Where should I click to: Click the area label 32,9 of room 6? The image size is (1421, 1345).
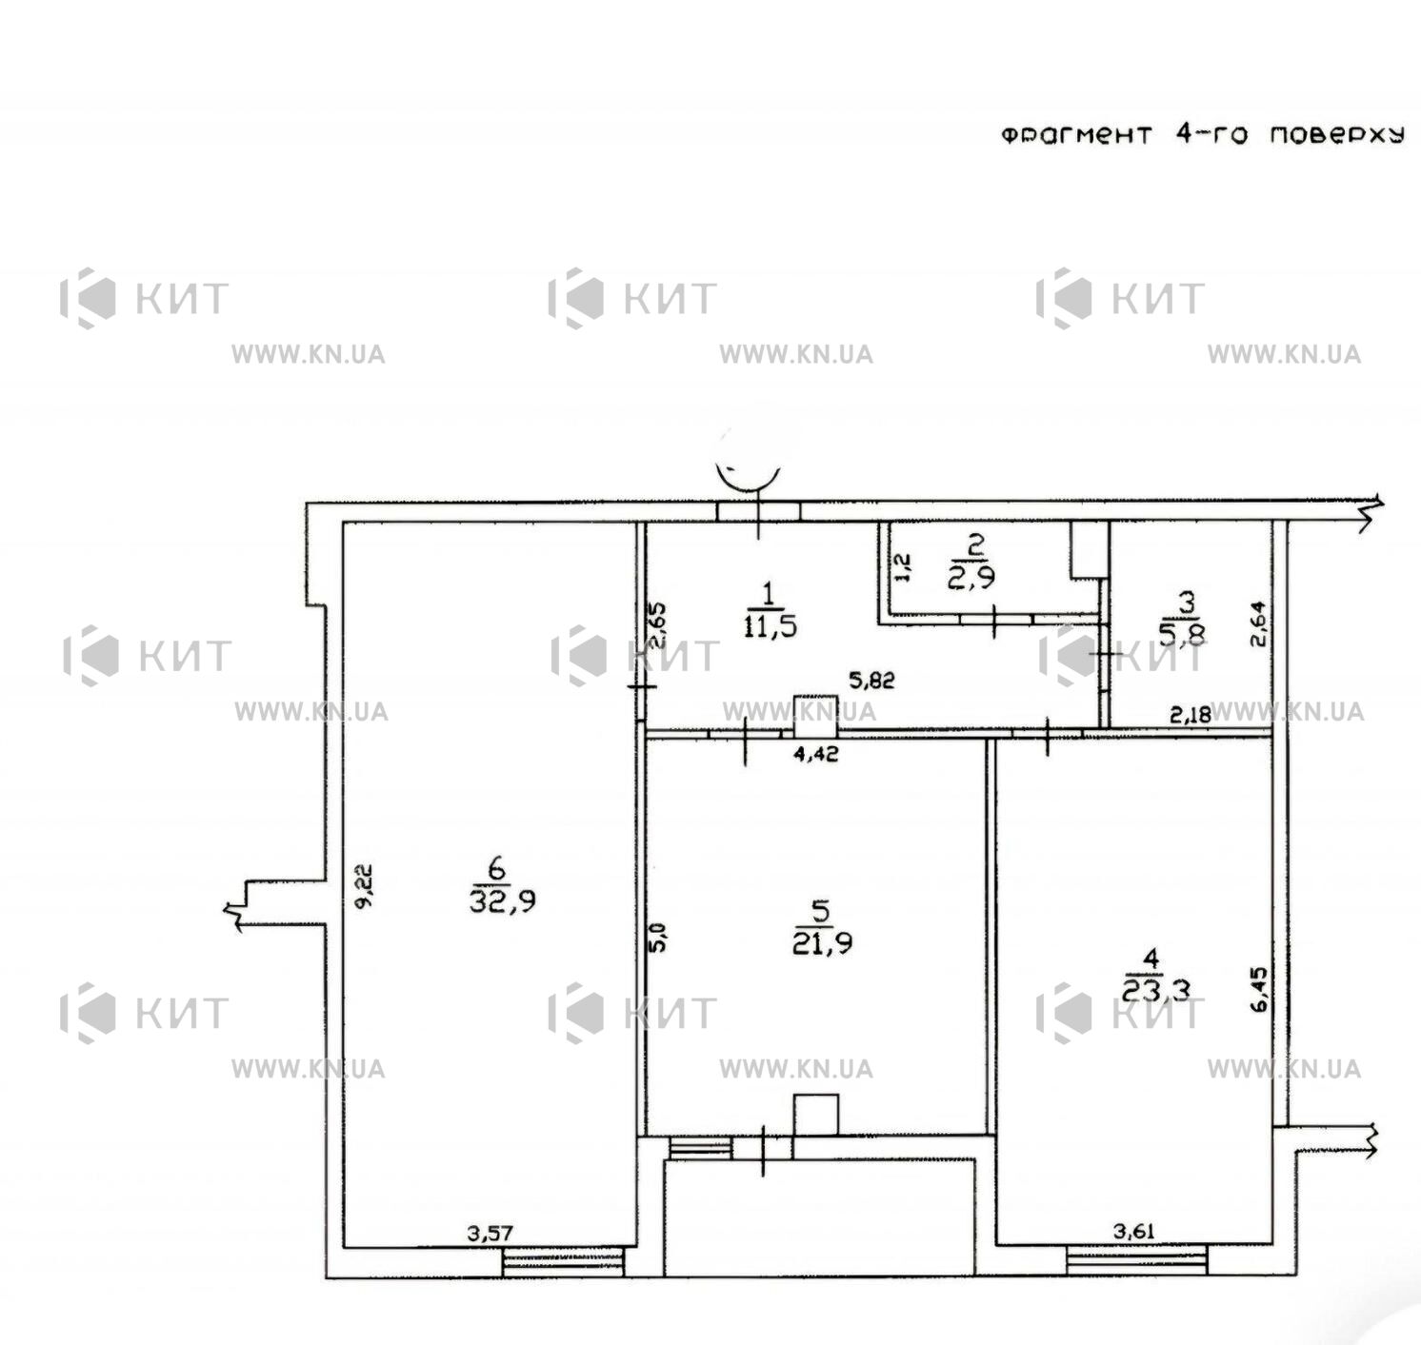pos(503,901)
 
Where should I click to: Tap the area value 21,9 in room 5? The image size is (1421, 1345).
pos(820,942)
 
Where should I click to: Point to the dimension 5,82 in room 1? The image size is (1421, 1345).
pos(871,680)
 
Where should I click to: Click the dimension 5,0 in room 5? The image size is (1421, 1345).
pos(659,937)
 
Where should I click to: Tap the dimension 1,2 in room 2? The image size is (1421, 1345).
pos(904,567)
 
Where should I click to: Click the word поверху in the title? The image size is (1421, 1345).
pos(1337,135)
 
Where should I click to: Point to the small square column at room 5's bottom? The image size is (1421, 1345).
pos(816,1116)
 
